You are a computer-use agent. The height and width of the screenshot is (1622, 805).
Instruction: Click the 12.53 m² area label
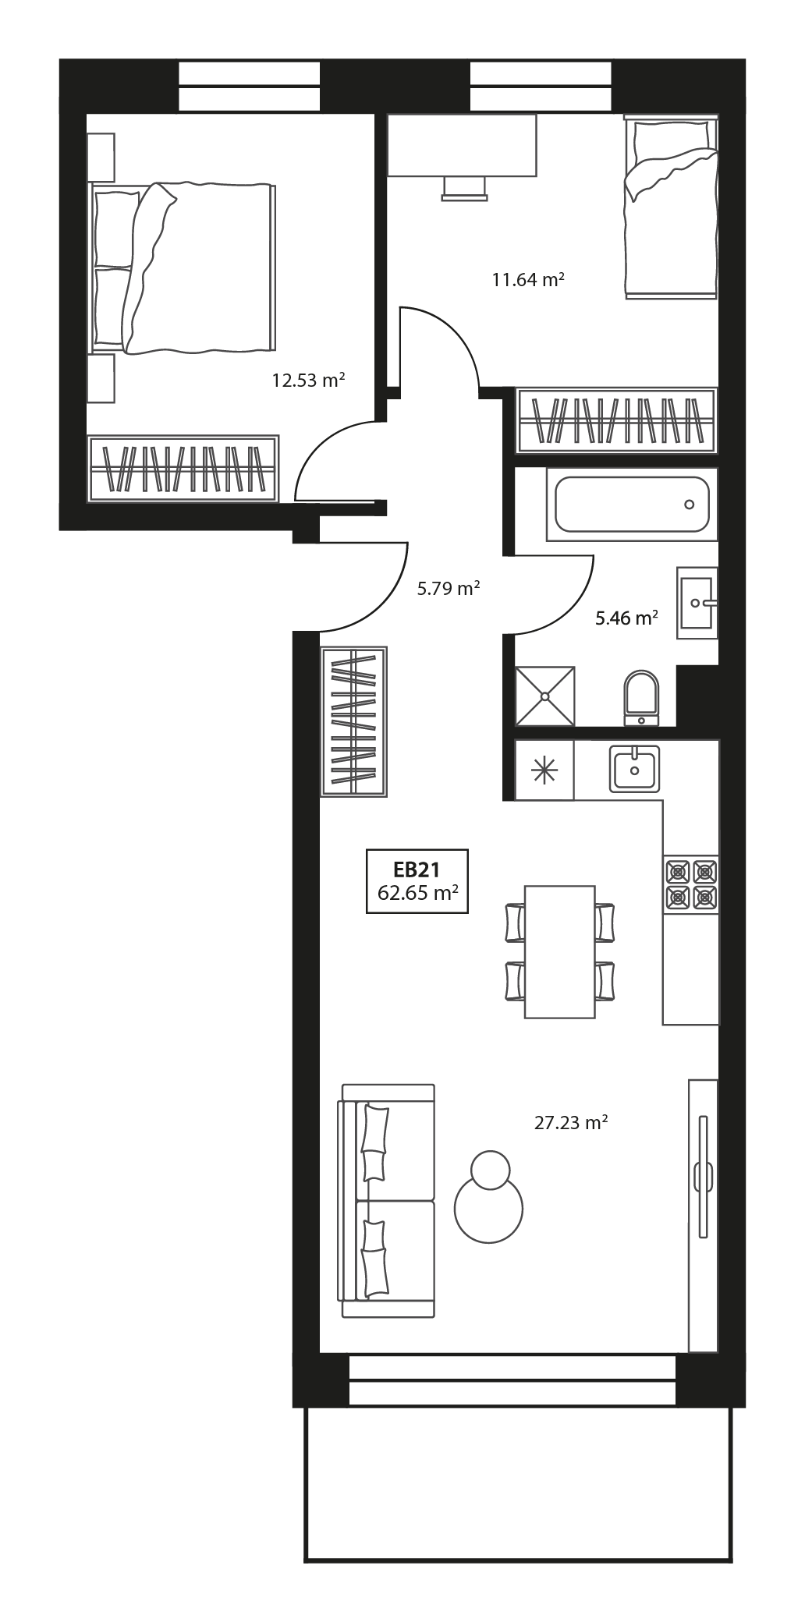308,381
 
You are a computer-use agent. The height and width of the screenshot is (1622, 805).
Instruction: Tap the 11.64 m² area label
528,279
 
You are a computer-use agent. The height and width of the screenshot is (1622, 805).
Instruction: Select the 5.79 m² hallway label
447,589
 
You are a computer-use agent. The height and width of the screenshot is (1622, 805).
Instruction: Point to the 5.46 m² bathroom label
626,619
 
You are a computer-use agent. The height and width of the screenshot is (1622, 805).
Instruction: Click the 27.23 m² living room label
571,1123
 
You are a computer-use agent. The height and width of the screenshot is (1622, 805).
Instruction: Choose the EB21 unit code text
417,869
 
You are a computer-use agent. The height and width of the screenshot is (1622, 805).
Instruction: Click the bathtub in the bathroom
631,504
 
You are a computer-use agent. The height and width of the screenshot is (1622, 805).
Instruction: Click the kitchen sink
634,769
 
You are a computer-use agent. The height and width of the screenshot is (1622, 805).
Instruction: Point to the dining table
559,951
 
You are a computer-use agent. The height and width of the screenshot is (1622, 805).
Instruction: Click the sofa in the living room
386,1201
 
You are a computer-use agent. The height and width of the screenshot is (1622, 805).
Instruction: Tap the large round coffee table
489,1209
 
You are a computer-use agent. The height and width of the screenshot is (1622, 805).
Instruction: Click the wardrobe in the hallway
354,721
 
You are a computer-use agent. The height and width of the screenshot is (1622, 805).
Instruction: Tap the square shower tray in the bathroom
545,696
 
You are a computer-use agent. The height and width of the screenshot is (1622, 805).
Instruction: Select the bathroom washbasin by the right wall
696,603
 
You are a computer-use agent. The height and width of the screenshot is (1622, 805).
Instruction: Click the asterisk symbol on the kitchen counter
544,770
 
